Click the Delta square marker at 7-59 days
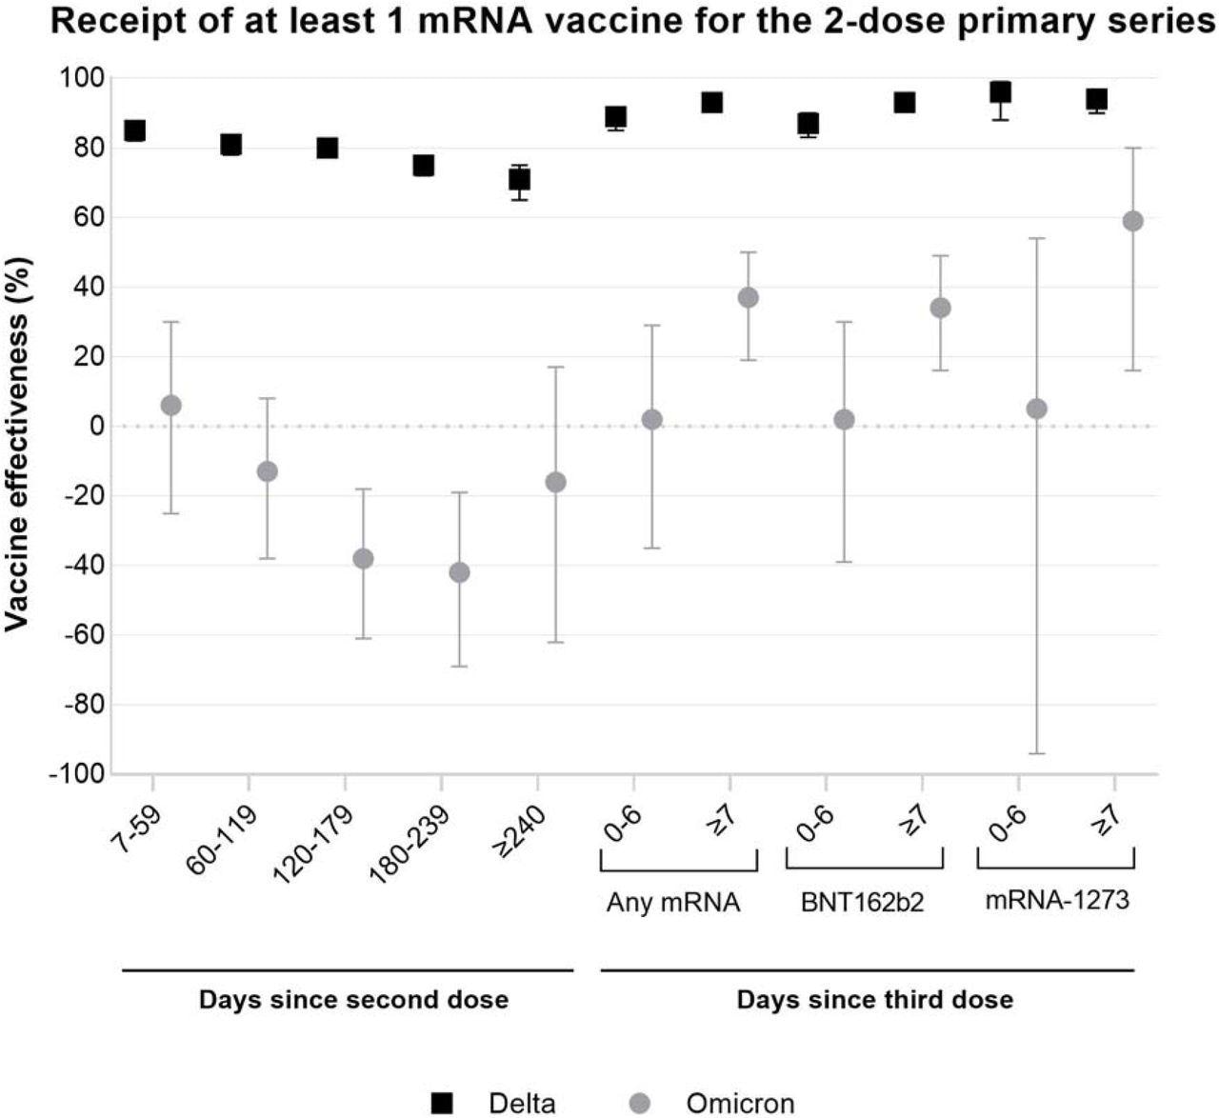coord(134,130)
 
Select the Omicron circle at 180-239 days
coord(459,572)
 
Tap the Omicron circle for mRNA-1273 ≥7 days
coord(1132,221)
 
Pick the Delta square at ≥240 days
coord(519,180)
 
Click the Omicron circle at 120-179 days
coord(363,558)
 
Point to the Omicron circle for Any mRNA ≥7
coord(748,297)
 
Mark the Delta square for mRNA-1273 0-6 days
coord(1000,92)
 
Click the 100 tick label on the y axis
coord(83,78)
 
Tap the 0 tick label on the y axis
coord(96,427)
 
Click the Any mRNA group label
coord(672,903)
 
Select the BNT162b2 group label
coord(862,903)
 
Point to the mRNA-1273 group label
coord(1056,900)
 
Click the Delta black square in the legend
coord(443,1103)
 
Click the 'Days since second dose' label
coord(353,1000)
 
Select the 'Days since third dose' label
coord(874,1000)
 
